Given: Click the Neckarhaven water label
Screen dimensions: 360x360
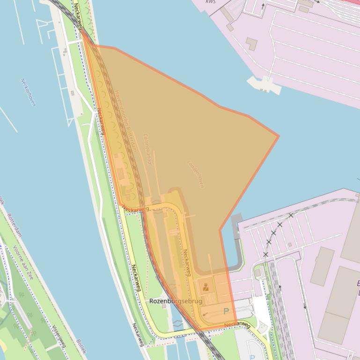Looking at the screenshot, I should pyautogui.click(x=28, y=92).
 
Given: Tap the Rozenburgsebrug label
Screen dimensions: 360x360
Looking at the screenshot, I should pyautogui.click(x=176, y=302).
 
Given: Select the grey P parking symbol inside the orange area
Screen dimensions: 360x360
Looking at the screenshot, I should pyautogui.click(x=227, y=311).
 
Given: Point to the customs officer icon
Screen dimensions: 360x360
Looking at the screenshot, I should pyautogui.click(x=206, y=287).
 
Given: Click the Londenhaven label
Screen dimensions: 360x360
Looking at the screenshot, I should pyautogui.click(x=196, y=174).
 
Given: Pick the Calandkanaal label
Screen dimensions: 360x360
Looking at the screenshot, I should pyautogui.click(x=147, y=149).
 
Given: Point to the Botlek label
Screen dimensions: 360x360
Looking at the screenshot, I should pyautogui.click(x=81, y=346).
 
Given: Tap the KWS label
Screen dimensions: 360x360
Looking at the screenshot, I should pyautogui.click(x=211, y=2).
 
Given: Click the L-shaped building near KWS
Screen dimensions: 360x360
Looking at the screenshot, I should pyautogui.click(x=251, y=44).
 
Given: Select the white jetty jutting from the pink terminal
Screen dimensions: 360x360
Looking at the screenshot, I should pyautogui.click(x=265, y=84).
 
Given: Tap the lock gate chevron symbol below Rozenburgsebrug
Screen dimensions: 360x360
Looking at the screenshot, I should pyautogui.click(x=177, y=324).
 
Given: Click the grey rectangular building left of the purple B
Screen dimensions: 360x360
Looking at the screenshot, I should pyautogui.click(x=322, y=266).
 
